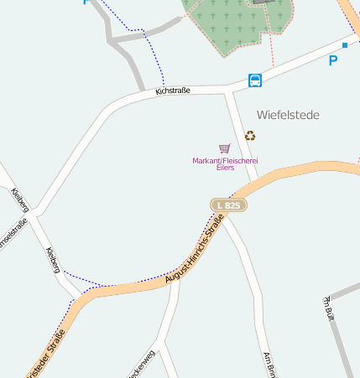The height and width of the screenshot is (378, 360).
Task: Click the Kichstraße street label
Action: (173, 91)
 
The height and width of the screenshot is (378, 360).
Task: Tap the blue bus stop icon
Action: (255, 80)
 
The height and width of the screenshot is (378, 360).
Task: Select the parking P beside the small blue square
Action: (333, 60)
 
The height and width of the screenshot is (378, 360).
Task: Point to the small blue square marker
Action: (345, 45)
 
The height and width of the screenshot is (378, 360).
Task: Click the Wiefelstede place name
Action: (288, 115)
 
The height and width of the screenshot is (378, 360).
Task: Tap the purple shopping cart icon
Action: (224, 148)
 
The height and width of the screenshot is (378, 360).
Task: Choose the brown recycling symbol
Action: (249, 136)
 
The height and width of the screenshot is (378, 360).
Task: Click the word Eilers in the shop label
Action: (225, 168)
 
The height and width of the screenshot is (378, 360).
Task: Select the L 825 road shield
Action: (227, 205)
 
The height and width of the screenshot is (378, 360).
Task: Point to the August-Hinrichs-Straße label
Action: (194, 250)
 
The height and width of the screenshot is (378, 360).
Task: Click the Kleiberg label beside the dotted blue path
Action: (53, 261)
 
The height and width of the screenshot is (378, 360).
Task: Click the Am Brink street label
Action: (269, 364)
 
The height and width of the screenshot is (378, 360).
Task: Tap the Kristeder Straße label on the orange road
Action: (46, 353)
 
